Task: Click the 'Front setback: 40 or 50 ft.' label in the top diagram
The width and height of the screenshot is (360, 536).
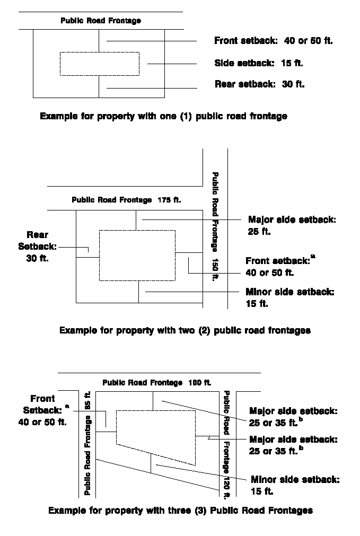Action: pos(273,41)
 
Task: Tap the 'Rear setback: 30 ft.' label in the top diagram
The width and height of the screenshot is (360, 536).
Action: pos(259,84)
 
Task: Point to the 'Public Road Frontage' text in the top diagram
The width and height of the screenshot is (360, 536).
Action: pos(101,21)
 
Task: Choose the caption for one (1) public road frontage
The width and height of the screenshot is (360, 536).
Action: pos(163,116)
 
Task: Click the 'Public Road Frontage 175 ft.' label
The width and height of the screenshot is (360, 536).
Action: pos(126,200)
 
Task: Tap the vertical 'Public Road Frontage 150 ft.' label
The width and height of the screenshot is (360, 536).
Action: pos(215,226)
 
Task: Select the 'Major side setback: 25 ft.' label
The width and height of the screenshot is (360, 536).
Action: pos(292,225)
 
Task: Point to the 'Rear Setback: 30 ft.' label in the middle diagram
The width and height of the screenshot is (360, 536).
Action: pos(37,246)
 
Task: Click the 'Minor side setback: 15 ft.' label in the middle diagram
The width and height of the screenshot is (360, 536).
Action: pos(289,297)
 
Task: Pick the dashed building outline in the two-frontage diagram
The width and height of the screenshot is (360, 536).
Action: pos(137,255)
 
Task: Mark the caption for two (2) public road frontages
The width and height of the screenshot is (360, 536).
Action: pos(185,330)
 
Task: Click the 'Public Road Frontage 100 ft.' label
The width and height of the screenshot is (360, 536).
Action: pos(156,382)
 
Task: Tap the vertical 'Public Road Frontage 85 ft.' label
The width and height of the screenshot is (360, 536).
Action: pos(88,443)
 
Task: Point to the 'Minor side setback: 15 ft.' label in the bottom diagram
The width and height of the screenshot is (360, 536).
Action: pos(295,485)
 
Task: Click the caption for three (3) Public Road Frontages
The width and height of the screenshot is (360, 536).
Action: pos(180,511)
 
